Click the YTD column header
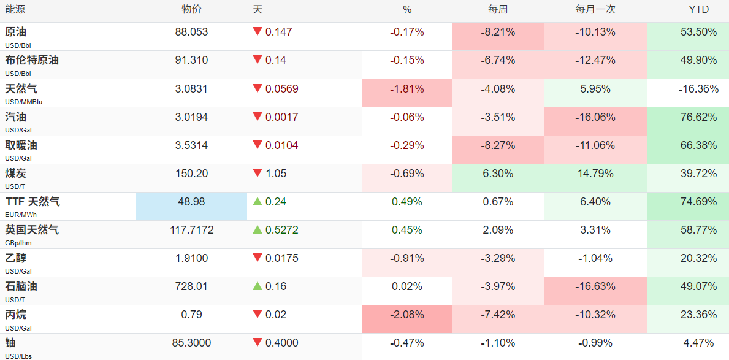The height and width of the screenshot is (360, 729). point(699,10)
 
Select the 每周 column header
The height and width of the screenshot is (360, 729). point(497,10)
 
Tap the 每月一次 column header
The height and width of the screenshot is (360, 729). point(595,10)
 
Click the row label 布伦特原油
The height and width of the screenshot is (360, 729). point(32,60)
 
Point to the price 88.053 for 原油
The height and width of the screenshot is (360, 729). point(191,32)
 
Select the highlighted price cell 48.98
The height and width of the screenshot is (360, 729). point(191,206)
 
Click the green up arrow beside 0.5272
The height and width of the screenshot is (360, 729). point(257,230)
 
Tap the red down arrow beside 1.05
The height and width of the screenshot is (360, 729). point(257,174)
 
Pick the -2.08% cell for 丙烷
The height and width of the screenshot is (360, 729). point(407,319)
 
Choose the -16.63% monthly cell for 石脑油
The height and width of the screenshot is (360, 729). point(595,291)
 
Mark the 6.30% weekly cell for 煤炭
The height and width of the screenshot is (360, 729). point(497,178)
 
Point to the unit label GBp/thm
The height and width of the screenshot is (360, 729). point(18,243)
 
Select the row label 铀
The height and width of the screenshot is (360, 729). point(10,343)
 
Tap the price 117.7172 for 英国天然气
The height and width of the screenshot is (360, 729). point(191,230)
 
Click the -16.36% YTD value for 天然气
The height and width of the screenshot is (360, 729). point(698,89)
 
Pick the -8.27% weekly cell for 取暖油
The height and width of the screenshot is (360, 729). point(497,149)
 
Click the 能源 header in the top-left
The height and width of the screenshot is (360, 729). point(15,10)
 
